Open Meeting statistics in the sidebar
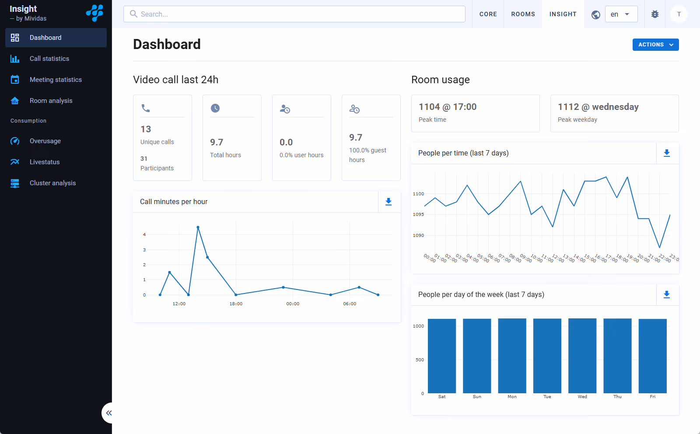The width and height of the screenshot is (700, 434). point(56,79)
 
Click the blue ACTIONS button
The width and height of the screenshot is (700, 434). point(655,44)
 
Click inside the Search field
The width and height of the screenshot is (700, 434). point(294,14)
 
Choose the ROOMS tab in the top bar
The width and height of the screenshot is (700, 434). point(523,14)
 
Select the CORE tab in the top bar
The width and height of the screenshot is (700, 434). point(488,14)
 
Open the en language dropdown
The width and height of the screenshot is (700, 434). point(621,14)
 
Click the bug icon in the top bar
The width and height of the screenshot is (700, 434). point(654,14)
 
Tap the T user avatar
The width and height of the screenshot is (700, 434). point(679,14)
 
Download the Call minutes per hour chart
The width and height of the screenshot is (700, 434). point(388,201)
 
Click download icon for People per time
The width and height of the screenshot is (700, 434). point(667,153)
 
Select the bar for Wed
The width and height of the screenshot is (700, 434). point(582,356)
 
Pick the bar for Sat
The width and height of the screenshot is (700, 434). point(442,356)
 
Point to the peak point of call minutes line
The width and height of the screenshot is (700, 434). point(198,227)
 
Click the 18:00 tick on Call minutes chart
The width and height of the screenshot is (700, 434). point(236,303)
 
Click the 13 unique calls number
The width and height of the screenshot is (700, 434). point(146,129)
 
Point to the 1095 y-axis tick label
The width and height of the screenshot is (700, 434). point(418,214)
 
